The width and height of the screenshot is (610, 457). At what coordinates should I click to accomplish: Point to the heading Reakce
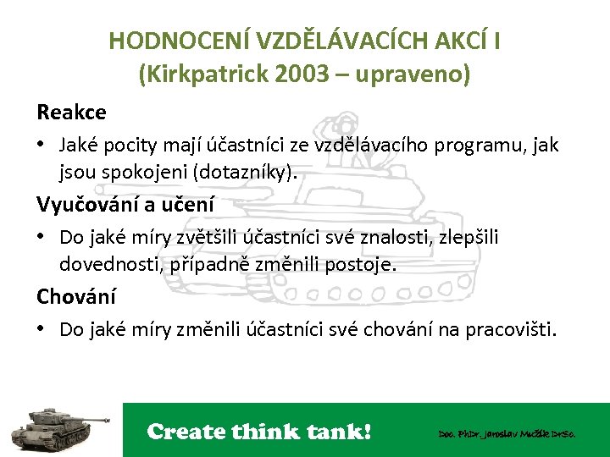tap(71, 112)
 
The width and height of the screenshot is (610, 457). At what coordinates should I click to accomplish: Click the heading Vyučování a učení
tap(125, 204)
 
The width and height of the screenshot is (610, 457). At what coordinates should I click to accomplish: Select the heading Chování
tap(76, 296)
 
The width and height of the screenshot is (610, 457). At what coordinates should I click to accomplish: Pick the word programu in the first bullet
tap(479, 145)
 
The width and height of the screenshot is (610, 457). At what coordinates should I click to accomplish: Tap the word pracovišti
tap(508, 329)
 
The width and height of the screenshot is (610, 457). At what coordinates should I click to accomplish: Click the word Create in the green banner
tap(186, 432)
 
